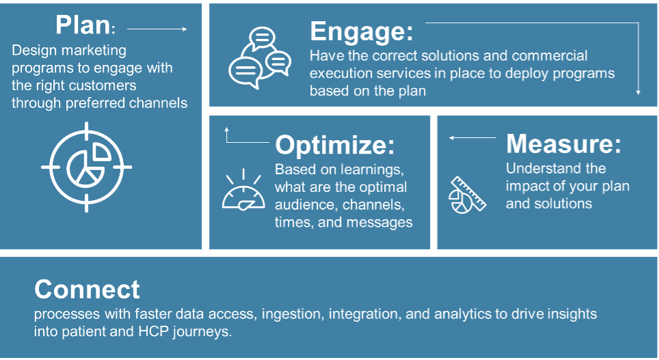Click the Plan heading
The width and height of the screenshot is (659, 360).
pos(85,25)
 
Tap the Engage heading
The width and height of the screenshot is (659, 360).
pos(362,31)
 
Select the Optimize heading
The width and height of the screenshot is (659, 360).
pos(335,145)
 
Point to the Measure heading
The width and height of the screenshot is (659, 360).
pos(563,143)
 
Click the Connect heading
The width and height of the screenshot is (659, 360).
pos(87,290)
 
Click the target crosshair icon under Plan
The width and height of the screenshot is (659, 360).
pos(87,167)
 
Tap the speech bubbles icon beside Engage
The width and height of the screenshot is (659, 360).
pos(260,58)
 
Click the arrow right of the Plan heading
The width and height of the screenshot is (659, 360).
pos(157,29)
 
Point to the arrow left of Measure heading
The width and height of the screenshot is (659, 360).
pos(472,137)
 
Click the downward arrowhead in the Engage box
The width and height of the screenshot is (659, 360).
pos(638,92)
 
